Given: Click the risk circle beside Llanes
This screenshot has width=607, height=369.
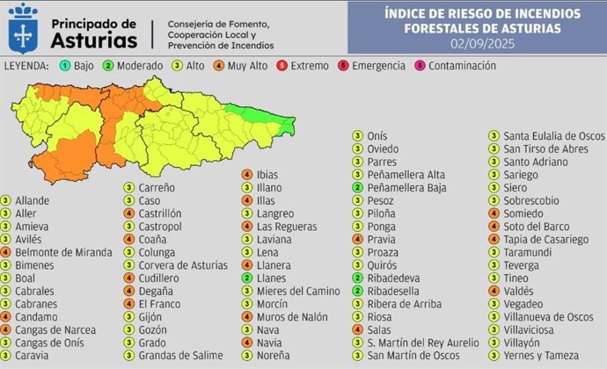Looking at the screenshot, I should pos(249,278).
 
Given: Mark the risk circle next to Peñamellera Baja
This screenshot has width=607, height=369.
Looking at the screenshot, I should pos(357,188).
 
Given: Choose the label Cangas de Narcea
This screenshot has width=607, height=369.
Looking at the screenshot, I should pos(51,329).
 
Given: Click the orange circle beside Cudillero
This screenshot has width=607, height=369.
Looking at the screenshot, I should pos(128,278).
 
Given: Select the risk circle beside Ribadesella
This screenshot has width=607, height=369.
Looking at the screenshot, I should pos(357,291).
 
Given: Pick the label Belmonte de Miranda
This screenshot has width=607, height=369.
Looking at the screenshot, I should pos(63,252).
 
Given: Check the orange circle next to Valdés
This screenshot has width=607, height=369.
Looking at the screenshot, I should pos(494,291).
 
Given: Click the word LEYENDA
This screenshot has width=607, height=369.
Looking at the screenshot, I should pos(27,66).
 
